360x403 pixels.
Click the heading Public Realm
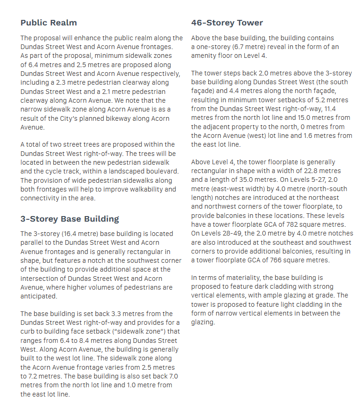(x=49, y=23)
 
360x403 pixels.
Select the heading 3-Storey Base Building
(x=69, y=219)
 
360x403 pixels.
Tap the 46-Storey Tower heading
(x=227, y=23)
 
